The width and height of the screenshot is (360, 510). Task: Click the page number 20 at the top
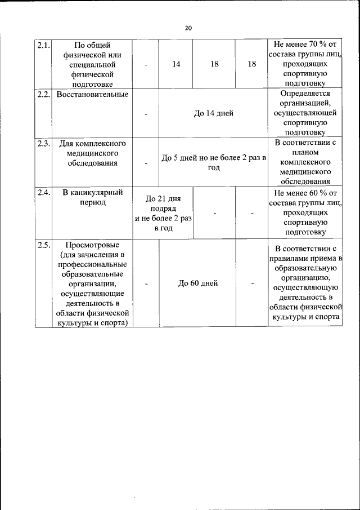tap(188, 28)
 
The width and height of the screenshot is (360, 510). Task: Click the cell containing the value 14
tap(176, 64)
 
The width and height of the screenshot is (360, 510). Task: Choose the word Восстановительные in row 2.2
tap(92, 94)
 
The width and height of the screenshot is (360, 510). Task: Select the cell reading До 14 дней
tap(213, 113)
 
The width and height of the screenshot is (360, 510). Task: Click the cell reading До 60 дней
tap(197, 283)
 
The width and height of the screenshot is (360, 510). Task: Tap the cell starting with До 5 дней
tap(213, 163)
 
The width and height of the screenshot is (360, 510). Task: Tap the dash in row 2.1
tap(146, 65)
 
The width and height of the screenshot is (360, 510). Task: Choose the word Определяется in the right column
tap(305, 94)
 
